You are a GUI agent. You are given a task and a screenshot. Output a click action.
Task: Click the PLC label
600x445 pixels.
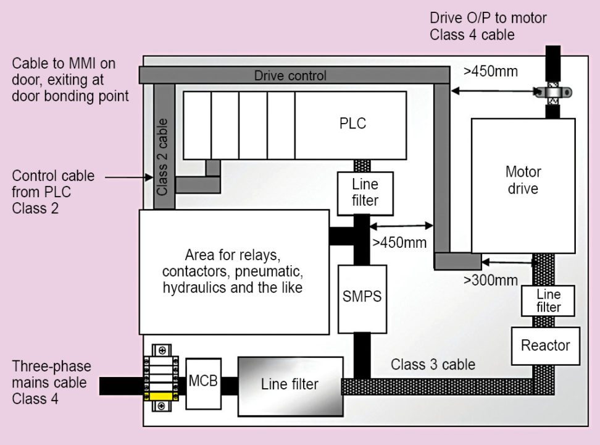352,123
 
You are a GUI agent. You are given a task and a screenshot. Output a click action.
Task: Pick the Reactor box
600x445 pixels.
545,345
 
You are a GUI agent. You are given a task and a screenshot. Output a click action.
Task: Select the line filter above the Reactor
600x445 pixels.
548,300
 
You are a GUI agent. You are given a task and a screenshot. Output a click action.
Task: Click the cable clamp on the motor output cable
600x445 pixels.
553,93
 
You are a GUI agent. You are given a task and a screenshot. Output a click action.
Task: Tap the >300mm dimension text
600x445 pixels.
490,280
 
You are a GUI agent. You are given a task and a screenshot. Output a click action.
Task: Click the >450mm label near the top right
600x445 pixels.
490,71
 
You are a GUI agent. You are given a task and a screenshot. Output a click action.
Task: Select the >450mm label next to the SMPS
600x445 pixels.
399,242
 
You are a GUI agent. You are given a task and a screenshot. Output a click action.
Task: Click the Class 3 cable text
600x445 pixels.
433,364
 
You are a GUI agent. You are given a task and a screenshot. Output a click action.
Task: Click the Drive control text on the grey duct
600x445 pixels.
290,76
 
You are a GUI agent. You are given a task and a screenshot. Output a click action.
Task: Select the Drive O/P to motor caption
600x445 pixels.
488,26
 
